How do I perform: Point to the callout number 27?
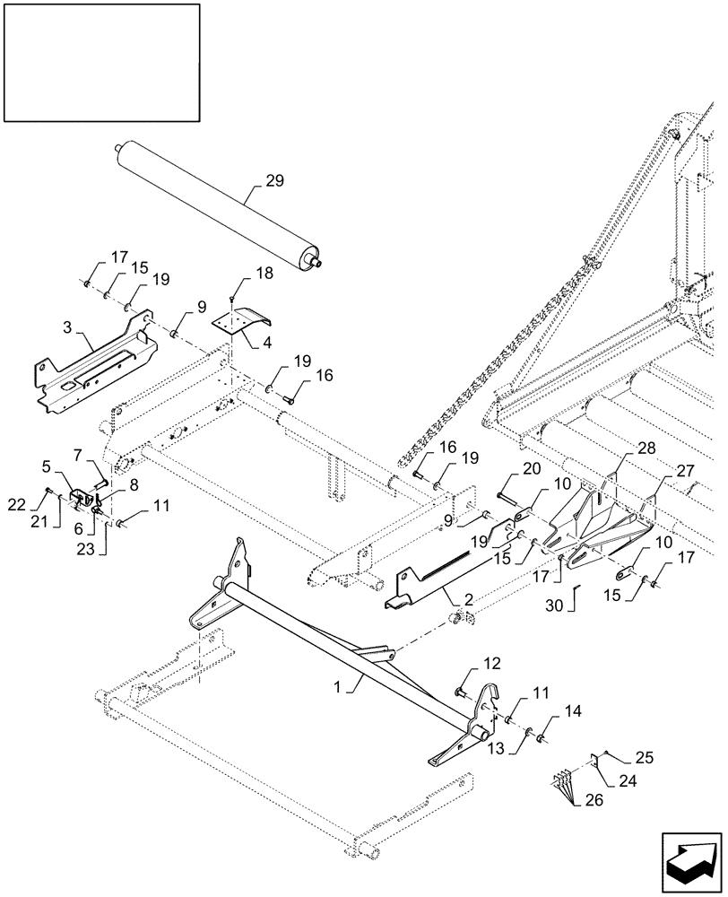[661, 468]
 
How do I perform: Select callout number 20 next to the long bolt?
[532, 469]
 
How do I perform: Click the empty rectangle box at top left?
[100, 62]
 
